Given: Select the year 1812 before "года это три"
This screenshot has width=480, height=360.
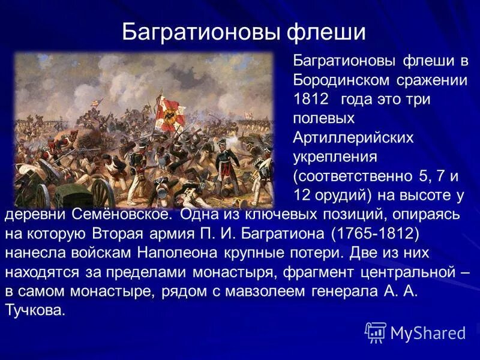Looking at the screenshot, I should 311,99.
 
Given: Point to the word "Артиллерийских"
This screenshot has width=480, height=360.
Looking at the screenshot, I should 353,137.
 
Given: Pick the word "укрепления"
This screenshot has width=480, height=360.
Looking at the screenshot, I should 334,157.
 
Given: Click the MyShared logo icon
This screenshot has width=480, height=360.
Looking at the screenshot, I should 375,332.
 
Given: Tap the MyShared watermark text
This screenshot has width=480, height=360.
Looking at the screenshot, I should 427,332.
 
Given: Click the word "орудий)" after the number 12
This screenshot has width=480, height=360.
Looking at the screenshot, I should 340,195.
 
